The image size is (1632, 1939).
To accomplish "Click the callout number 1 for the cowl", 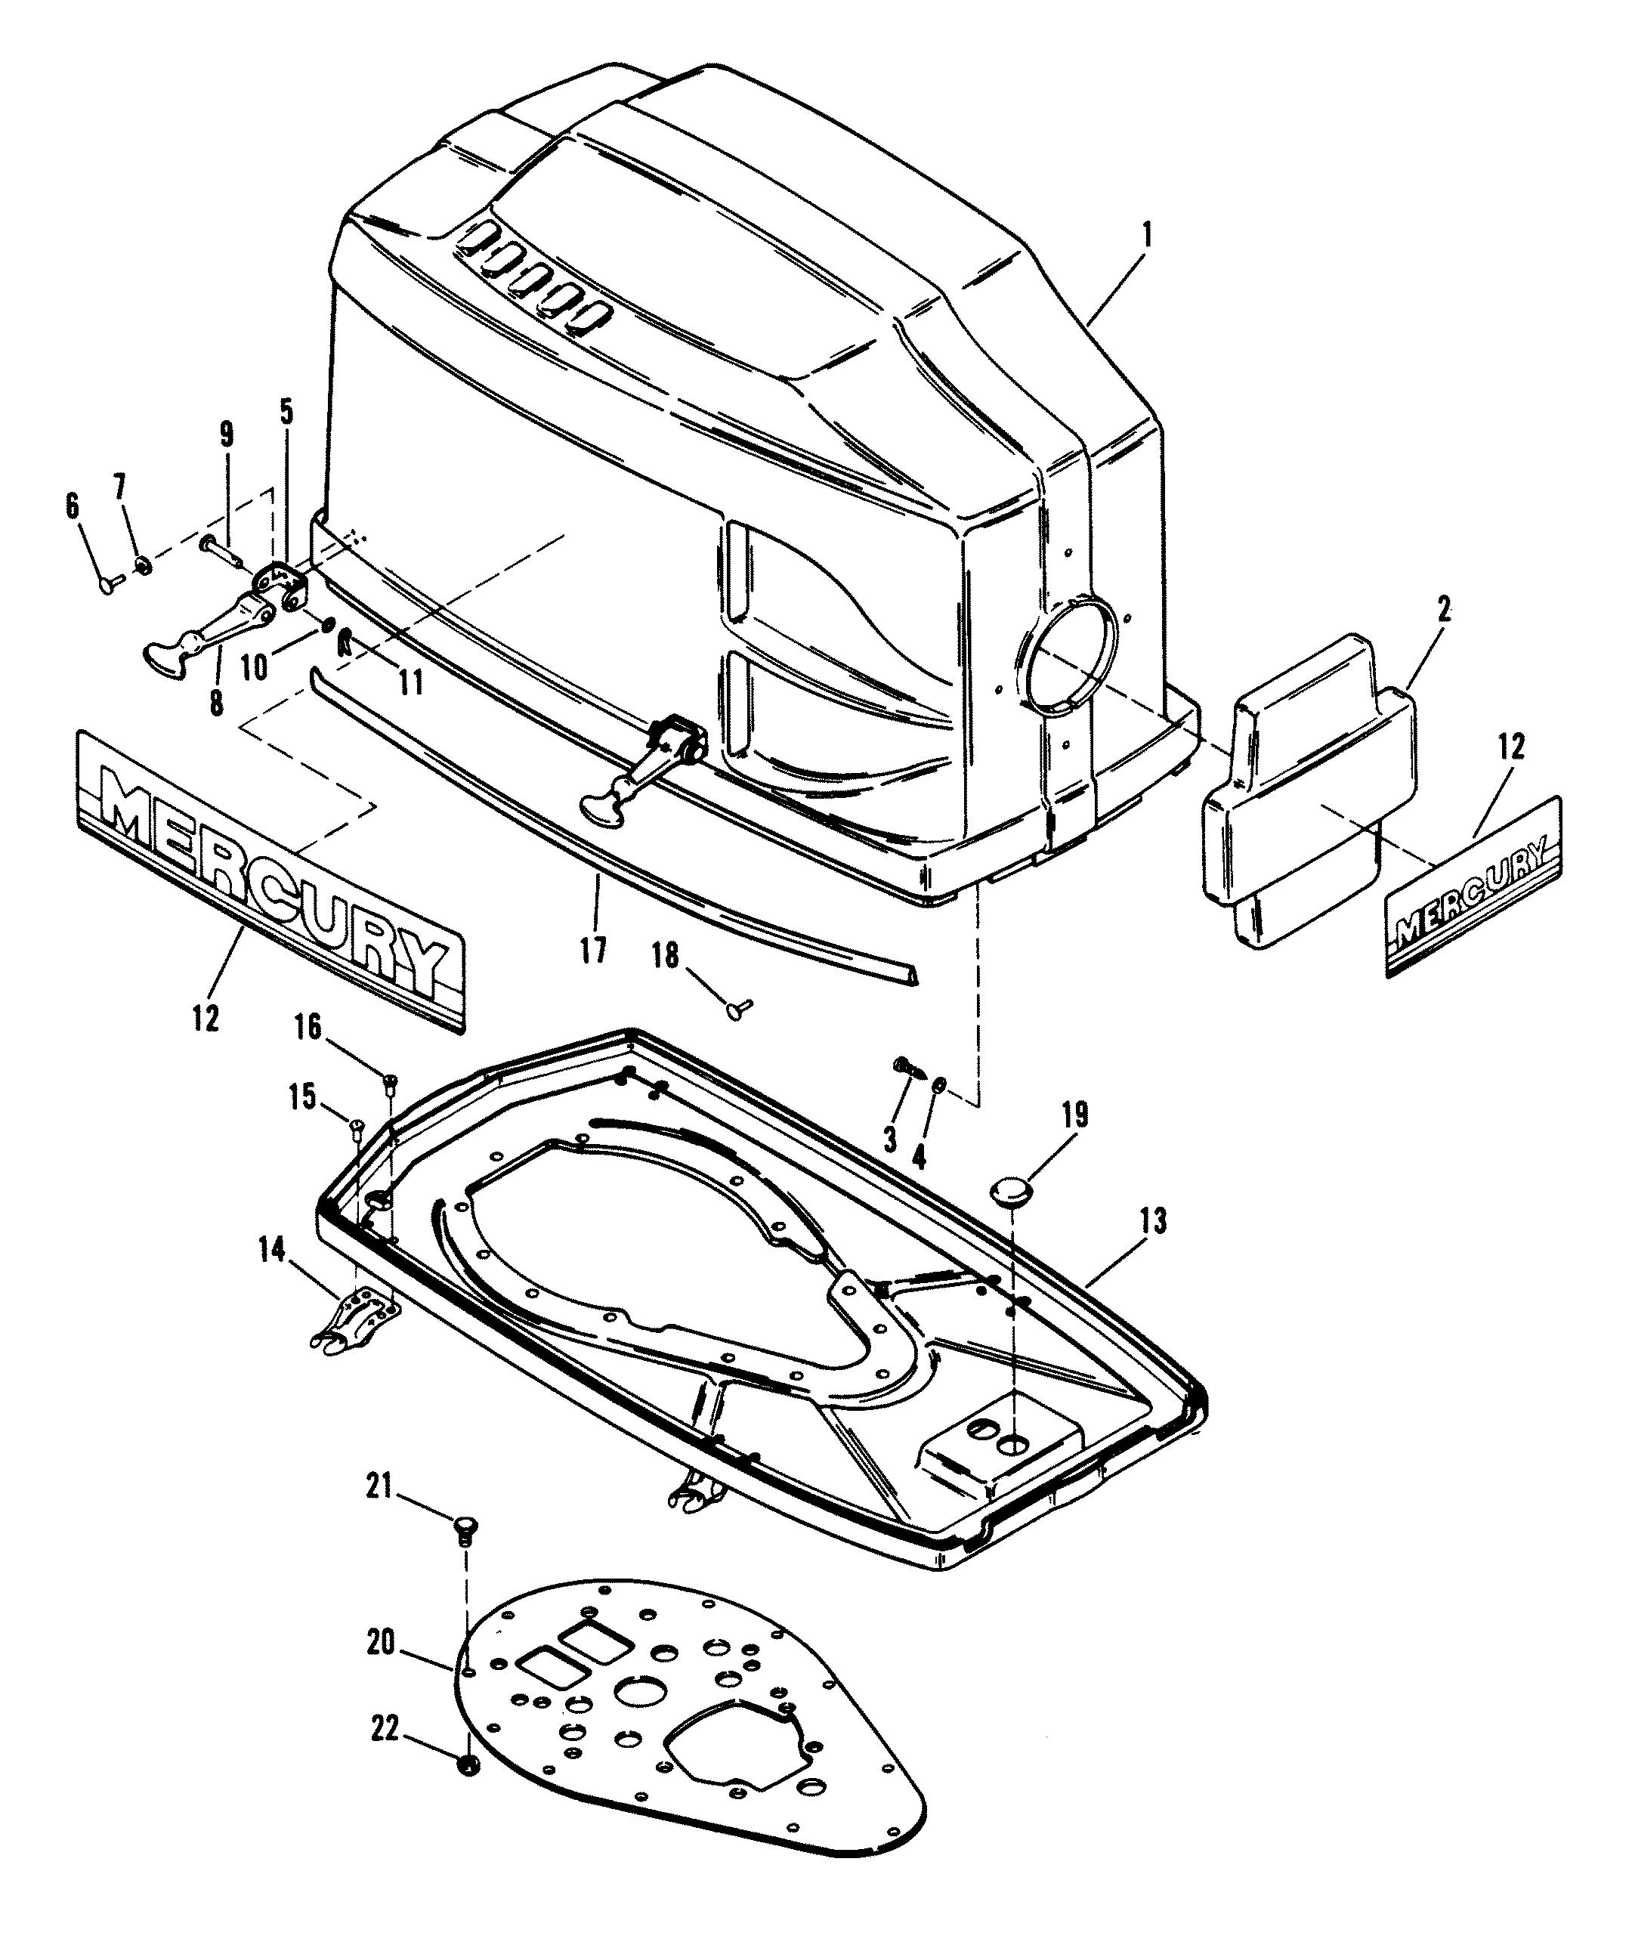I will (1146, 236).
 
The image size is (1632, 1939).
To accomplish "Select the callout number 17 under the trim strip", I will (593, 949).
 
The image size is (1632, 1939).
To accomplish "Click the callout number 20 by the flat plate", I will (381, 1644).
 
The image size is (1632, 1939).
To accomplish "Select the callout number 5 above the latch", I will (286, 413).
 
